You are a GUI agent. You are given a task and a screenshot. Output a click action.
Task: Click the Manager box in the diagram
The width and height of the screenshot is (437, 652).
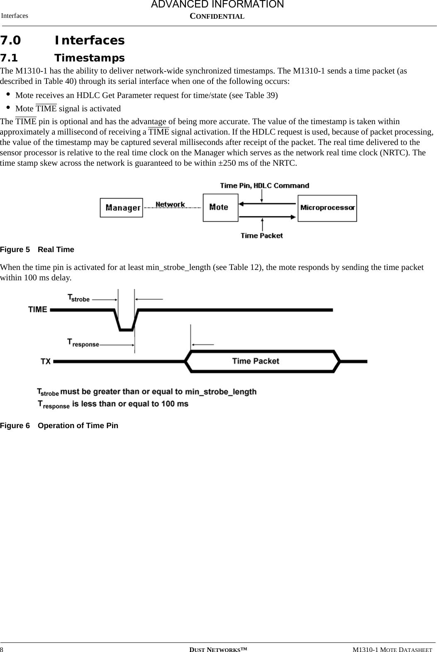121,207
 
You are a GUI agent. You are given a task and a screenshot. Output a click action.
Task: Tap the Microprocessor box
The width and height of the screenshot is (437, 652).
327,207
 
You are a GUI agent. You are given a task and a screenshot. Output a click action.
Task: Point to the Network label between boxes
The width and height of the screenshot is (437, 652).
170,204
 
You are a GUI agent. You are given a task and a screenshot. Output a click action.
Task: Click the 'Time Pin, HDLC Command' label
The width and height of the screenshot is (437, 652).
264,186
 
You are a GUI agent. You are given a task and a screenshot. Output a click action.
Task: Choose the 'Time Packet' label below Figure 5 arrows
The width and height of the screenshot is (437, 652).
261,235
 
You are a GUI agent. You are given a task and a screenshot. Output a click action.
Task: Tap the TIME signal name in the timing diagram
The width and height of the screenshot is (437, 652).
38,309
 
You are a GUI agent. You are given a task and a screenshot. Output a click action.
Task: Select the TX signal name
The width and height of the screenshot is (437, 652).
46,361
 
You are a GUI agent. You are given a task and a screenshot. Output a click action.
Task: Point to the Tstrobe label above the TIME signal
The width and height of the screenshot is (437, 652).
78,298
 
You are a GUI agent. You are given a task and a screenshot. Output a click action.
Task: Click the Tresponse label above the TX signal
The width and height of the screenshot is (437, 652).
83,343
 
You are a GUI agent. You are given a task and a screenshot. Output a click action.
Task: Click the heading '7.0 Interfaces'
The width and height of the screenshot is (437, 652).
62,40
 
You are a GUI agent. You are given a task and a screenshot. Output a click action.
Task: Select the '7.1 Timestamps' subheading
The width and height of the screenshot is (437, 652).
62,57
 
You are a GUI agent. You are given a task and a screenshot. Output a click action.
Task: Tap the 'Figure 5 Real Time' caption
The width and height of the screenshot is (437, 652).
37,250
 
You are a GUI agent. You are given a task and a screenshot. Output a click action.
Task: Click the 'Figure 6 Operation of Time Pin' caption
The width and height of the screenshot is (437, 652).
59,426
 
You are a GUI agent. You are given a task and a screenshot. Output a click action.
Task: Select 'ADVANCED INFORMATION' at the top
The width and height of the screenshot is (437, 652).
217,5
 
